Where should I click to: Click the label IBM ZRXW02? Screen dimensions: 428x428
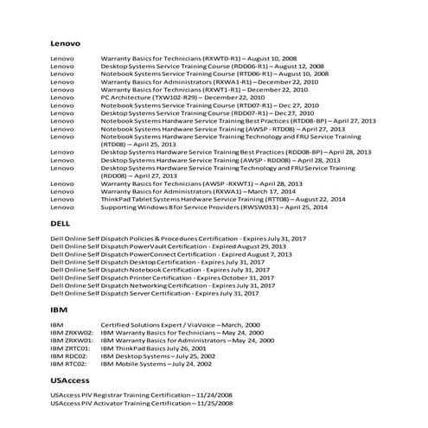[x=72, y=331]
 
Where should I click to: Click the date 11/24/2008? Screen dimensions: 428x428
[x=214, y=395]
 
